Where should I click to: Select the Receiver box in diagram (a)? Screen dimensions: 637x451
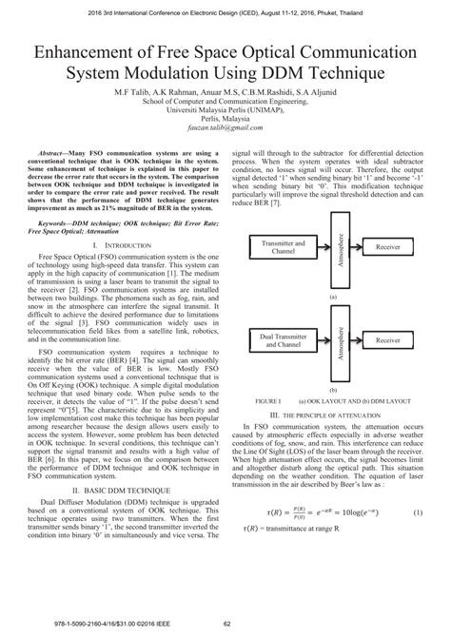[386, 246]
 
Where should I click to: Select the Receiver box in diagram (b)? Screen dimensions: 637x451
[386, 339]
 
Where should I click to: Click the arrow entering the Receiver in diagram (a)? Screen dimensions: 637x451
[353, 246]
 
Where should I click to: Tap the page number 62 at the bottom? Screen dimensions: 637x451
[226, 624]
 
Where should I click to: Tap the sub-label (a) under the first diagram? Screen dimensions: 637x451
[335, 297]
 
